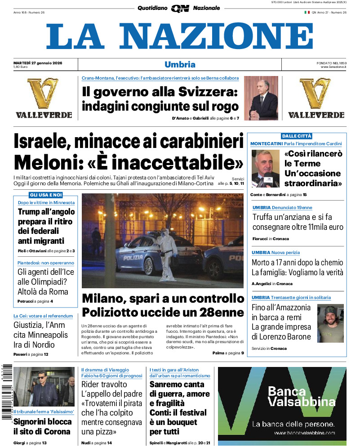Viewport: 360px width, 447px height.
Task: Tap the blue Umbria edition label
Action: pyautogui.click(x=180, y=64)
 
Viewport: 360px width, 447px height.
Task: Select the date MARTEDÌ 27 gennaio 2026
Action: pyautogui.click(x=38, y=63)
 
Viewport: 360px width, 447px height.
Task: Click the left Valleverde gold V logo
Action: pyautogui.click(x=44, y=93)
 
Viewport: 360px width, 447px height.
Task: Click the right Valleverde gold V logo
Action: pyautogui.click(x=316, y=93)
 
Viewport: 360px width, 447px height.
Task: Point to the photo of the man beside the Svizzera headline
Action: pyautogui.click(x=261, y=98)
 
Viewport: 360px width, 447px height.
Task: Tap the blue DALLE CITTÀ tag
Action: pyautogui.click(x=297, y=136)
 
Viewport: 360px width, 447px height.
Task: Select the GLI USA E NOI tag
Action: pyautogui.click(x=46, y=195)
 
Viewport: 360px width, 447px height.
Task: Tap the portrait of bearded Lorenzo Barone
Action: pyautogui.click(x=330, y=323)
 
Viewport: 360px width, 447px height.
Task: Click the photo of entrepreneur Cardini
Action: pyautogui.click(x=265, y=169)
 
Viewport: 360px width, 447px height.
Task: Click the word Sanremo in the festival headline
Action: pyautogui.click(x=167, y=384)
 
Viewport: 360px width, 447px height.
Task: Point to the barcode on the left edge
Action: pyautogui.click(x=6, y=391)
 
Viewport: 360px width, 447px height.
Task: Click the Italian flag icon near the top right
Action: pyautogui.click(x=307, y=12)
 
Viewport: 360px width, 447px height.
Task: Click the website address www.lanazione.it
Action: pyautogui.click(x=333, y=67)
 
